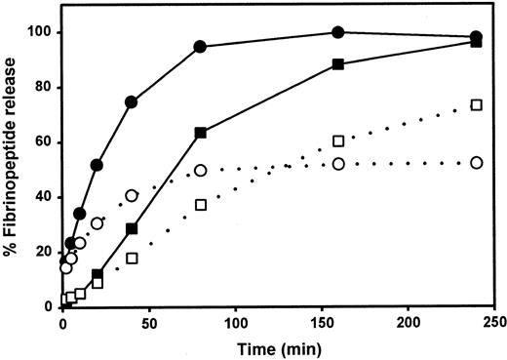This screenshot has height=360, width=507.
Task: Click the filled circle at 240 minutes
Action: (x=476, y=37)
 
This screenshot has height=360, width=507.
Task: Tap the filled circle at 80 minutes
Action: (x=200, y=47)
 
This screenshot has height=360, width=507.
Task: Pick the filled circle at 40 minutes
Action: (x=132, y=102)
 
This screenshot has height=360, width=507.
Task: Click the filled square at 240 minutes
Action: (x=476, y=43)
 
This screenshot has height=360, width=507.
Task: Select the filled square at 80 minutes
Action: (x=200, y=133)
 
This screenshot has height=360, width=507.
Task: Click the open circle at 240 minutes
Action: (x=476, y=163)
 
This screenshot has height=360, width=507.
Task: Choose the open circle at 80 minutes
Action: (x=200, y=171)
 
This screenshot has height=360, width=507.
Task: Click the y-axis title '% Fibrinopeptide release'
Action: (x=14, y=161)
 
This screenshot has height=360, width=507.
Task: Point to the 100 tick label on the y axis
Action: (x=39, y=32)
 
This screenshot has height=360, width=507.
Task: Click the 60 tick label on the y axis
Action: (x=43, y=142)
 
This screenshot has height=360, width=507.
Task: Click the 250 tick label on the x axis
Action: (x=493, y=322)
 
